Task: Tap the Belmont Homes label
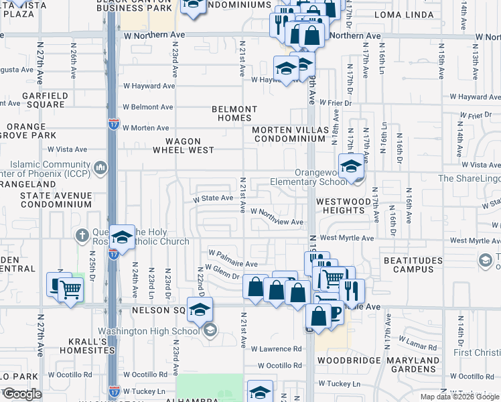[x=234, y=113]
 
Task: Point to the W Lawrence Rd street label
[x=277, y=349]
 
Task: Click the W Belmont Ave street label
[x=147, y=107]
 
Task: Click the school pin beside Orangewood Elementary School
[x=350, y=167]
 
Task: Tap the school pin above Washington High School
[x=199, y=310]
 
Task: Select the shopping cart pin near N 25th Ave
[x=70, y=289]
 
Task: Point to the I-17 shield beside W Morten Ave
[x=114, y=124]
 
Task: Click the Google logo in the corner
[x=22, y=394]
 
